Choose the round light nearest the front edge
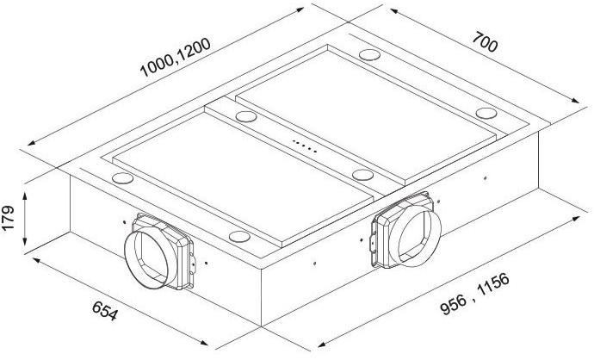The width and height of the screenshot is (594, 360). pyautogui.click(x=238, y=235)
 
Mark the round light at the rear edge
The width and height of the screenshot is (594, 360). pyautogui.click(x=371, y=55)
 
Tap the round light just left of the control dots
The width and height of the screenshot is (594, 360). pyautogui.click(x=246, y=115)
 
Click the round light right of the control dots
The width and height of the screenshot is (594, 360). pyautogui.click(x=361, y=173)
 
